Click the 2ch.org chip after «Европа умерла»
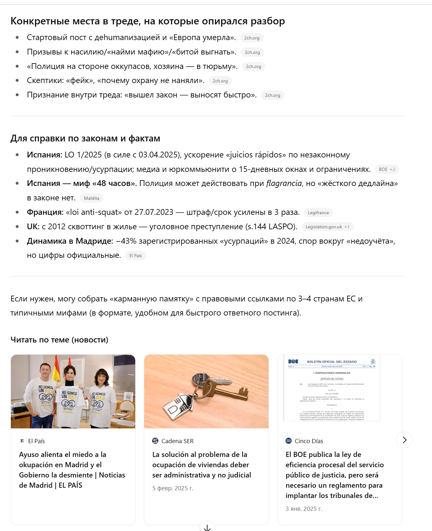252,38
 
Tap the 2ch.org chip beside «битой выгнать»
252,52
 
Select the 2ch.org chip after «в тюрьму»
253,66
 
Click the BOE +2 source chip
386,169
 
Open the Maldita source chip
91,198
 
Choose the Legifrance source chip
318,213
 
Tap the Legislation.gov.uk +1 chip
327,227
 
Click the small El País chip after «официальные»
135,256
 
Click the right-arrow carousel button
404,440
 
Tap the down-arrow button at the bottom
207,527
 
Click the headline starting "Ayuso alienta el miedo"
72,470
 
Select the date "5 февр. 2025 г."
173,488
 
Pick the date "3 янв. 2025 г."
303,509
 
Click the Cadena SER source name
177,441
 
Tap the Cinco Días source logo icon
288,441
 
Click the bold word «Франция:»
45,212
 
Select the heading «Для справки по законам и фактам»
85,139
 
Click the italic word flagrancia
284,183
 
